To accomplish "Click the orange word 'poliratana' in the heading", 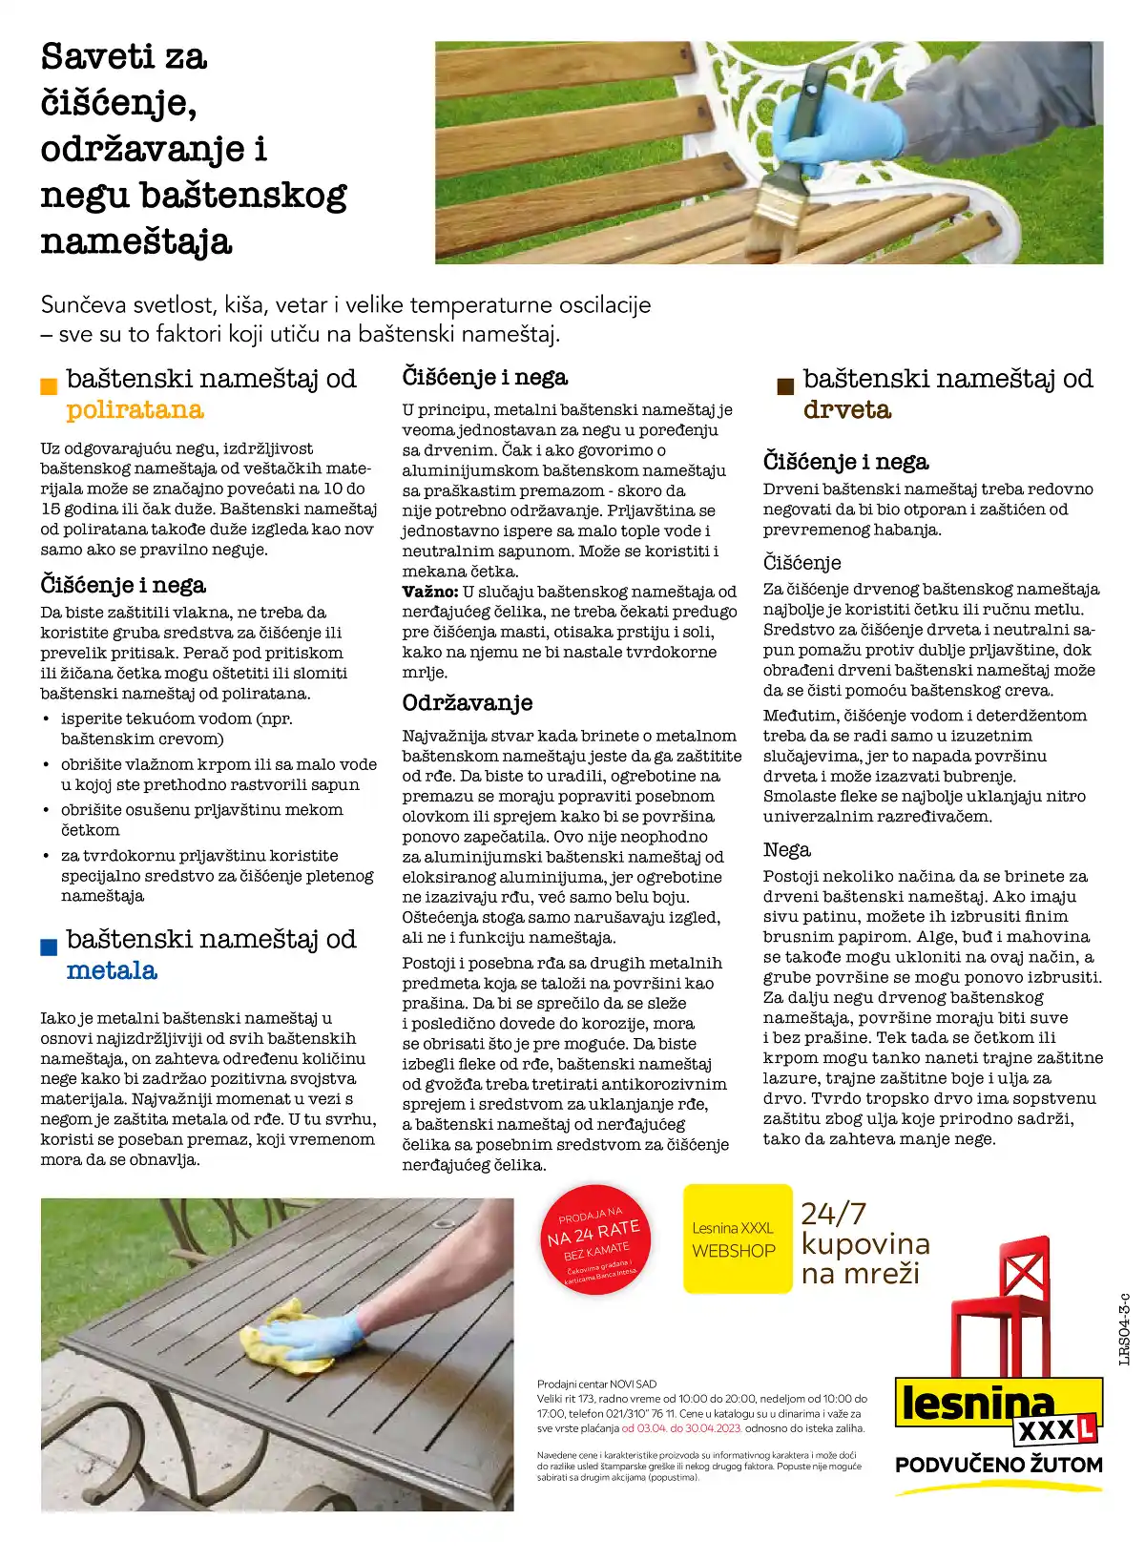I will coord(135,410).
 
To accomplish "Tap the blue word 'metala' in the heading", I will coord(112,971).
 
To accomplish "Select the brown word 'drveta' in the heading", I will coord(846,410).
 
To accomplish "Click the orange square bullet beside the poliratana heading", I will coord(49,386).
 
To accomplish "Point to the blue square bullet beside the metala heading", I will coord(49,947).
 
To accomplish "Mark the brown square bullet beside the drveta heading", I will coord(785,386).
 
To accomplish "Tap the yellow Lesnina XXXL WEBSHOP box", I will coord(737,1238).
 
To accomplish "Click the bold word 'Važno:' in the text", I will coord(429,592).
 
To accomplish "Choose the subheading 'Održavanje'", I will coord(468,703).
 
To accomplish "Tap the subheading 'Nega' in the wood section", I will coord(786,850).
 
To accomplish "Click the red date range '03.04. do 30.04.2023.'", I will coord(681,1428).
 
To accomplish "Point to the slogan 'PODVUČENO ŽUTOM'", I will coord(998,1465).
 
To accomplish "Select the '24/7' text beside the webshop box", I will coord(833,1214).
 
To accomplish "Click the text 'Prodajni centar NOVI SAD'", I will coord(596,1384).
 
